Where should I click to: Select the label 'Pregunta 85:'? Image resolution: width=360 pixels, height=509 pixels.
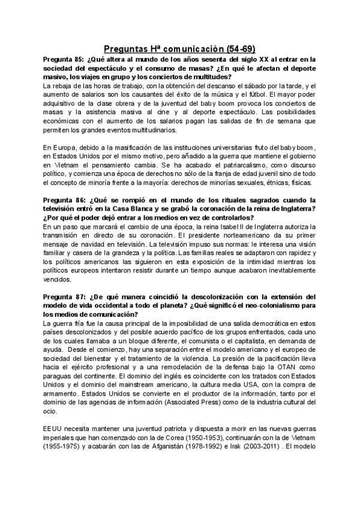64,60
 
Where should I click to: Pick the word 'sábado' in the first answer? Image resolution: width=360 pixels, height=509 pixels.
256,86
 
